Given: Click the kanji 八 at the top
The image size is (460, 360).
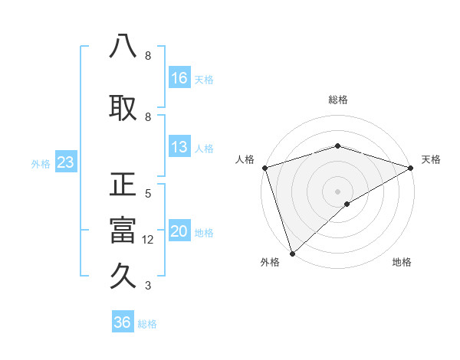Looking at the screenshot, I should tap(123, 47).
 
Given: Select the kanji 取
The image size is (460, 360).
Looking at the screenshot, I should tap(123, 108).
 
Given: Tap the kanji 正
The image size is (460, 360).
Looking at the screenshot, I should tap(123, 185).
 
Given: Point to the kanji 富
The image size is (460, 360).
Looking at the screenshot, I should tap(123, 231).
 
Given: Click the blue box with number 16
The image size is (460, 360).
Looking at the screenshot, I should tap(179, 77).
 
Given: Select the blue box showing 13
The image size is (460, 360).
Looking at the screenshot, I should tap(179, 147).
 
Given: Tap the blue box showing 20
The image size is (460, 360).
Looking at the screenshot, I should tap(179, 231).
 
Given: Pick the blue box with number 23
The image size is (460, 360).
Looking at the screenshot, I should tap(65, 162).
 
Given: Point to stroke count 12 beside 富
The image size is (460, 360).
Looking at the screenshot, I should tap(148, 240).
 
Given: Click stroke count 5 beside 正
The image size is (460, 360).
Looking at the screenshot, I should tap(148, 194).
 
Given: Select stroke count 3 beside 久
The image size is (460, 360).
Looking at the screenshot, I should tap(148, 286).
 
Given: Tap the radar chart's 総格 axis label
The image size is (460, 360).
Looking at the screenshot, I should tap(338, 100).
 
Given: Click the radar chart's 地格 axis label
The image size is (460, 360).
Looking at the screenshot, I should tap(402, 262).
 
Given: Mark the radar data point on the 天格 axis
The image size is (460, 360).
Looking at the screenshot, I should tap(412, 167).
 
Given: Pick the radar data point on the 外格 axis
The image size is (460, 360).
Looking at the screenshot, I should tap(292, 253).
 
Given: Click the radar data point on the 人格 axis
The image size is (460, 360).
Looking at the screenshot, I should tap(264, 167).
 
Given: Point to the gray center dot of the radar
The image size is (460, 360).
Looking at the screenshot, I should tap(338, 191).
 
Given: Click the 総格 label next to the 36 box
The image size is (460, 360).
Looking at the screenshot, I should tap(147, 324).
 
